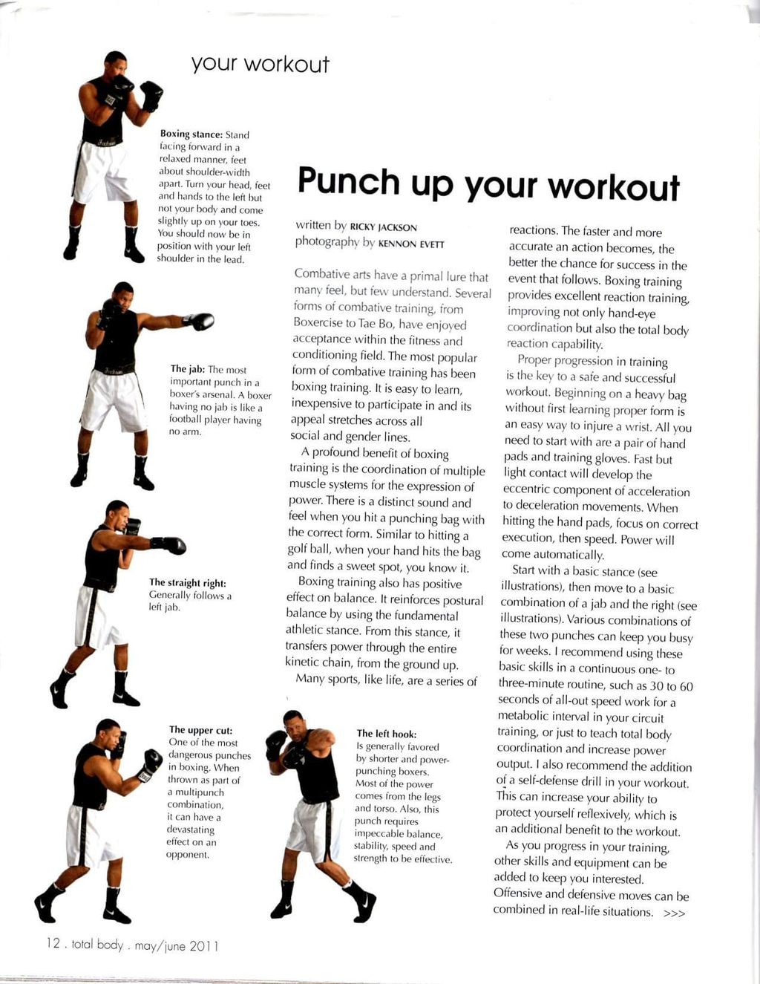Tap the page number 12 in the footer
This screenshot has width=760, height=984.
tap(53, 944)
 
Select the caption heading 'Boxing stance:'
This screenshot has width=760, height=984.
tap(191, 134)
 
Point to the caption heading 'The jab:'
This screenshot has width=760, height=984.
tap(188, 369)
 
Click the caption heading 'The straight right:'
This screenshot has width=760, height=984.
tap(187, 583)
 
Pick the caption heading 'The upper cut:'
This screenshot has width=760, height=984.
tap(200, 730)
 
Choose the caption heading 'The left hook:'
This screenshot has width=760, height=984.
tap(386, 734)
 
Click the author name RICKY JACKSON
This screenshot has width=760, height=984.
tap(384, 227)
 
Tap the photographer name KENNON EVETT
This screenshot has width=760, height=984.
tap(411, 244)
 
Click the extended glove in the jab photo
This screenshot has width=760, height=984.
tap(200, 322)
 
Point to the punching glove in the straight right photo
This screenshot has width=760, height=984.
tap(171, 545)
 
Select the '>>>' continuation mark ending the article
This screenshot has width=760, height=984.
tap(674, 913)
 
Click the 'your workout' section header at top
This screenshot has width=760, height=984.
tap(260, 64)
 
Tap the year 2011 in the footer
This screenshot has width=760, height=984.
tap(203, 946)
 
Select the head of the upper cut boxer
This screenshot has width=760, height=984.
tap(109, 734)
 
